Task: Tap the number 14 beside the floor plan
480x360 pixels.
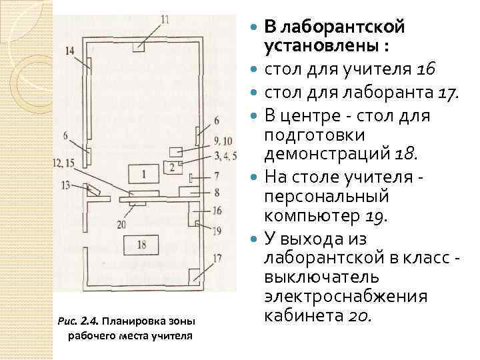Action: (71, 51)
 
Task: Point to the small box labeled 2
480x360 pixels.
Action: (173, 167)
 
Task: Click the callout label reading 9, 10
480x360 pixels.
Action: (223, 141)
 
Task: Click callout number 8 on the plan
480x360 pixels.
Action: (217, 192)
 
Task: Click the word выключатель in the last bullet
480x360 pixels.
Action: (323, 275)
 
